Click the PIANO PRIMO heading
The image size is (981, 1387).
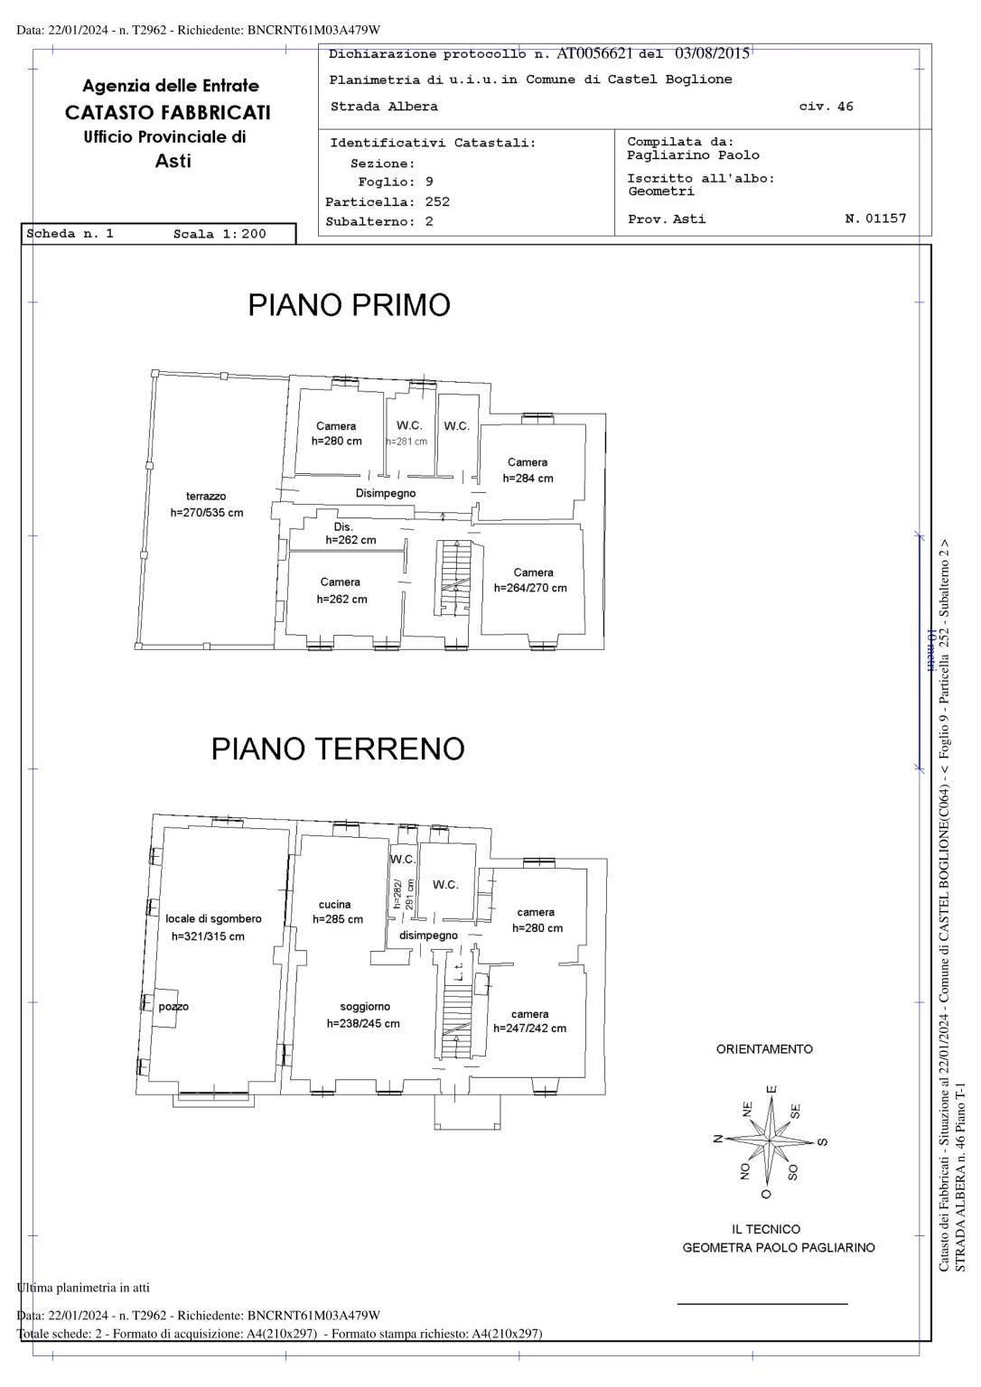pyautogui.click(x=349, y=305)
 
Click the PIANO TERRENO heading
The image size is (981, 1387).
pyautogui.click(x=338, y=749)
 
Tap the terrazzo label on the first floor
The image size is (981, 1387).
pyautogui.click(x=206, y=497)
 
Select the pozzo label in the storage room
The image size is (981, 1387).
pyautogui.click(x=173, y=1007)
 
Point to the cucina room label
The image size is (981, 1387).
pyautogui.click(x=334, y=905)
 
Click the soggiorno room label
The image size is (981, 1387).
pyautogui.click(x=365, y=1007)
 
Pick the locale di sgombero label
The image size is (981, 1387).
pyautogui.click(x=213, y=919)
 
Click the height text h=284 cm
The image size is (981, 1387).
pyautogui.click(x=528, y=479)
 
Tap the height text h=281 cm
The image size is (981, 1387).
pyautogui.click(x=406, y=442)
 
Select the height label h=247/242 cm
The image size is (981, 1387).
pyautogui.click(x=529, y=1029)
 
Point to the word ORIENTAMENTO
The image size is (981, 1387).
pyautogui.click(x=764, y=1049)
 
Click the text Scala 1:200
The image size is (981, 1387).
pyautogui.click(x=220, y=234)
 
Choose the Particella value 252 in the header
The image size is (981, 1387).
pyautogui.click(x=437, y=202)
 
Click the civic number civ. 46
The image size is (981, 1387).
pyautogui.click(x=826, y=107)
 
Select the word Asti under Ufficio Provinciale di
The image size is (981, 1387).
pyautogui.click(x=173, y=162)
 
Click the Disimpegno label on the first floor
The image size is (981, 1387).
pyautogui.click(x=386, y=494)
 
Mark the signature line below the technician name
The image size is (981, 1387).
pyautogui.click(x=762, y=1304)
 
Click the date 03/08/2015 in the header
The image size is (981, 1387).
pyautogui.click(x=712, y=53)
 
